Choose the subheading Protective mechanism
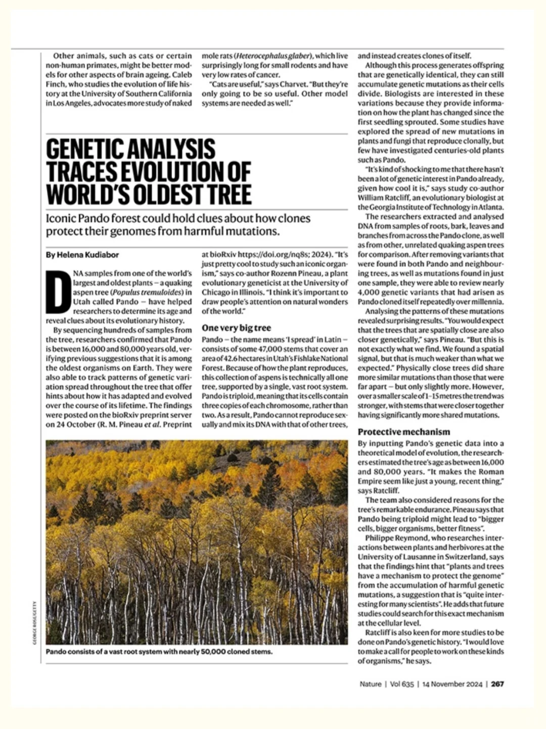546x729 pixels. click(x=403, y=432)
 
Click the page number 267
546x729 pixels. click(x=497, y=684)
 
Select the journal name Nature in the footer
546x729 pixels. click(x=371, y=684)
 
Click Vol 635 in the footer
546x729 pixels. click(x=402, y=684)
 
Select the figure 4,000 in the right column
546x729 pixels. click(x=369, y=293)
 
